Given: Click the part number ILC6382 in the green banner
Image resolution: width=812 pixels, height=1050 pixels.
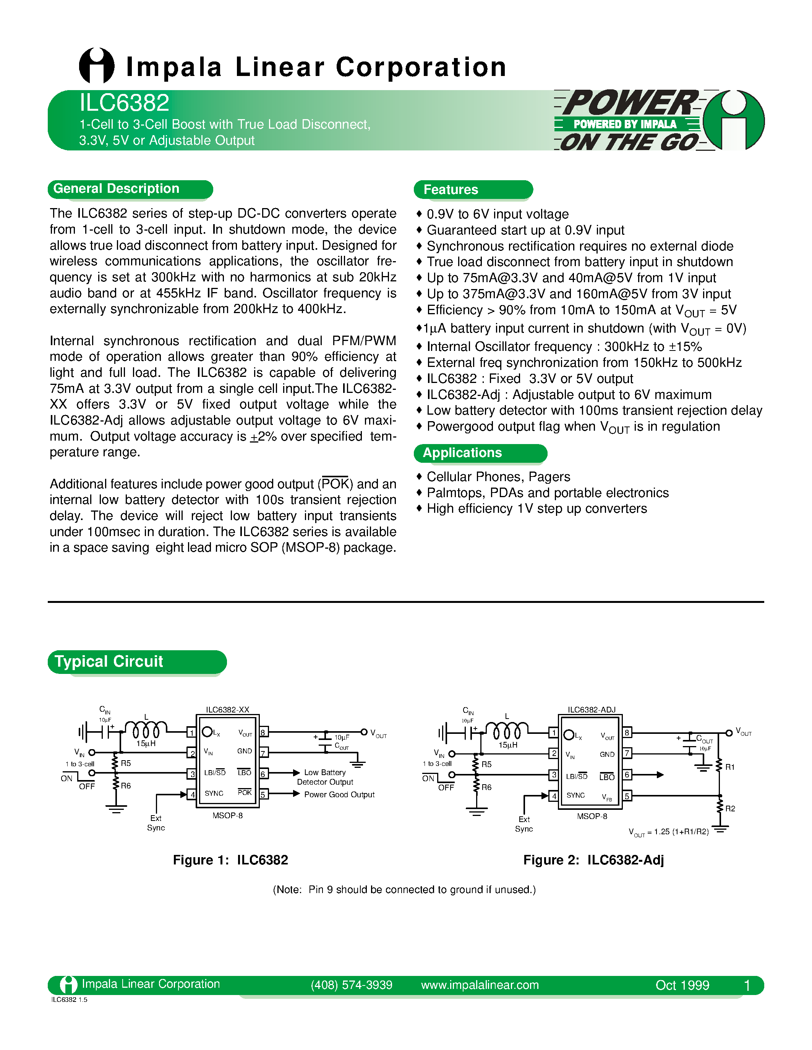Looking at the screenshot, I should pos(124,103).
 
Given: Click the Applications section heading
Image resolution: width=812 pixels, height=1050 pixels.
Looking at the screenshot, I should pos(462,452).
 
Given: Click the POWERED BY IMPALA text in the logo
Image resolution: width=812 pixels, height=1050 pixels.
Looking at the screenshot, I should pos(624,124).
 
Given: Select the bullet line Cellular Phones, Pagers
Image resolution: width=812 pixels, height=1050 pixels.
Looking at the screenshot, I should pos(498,477).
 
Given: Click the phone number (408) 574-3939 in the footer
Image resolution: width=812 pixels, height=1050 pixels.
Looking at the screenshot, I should pos(351,985).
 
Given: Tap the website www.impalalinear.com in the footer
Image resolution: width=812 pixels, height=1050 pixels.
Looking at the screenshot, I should pos(480,985).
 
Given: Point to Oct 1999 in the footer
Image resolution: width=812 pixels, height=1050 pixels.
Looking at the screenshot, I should pos(682,985).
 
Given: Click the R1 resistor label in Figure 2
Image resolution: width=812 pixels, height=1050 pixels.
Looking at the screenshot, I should pos(730,767).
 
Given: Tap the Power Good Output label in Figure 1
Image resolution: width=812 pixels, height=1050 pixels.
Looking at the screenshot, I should pos(339,795).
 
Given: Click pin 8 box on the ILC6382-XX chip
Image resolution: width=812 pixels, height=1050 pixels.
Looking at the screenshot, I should pos(264,732).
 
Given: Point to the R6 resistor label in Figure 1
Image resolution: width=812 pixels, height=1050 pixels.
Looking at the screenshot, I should pos(126,785).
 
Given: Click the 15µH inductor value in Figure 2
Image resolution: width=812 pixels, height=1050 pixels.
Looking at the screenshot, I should pos(507,745).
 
